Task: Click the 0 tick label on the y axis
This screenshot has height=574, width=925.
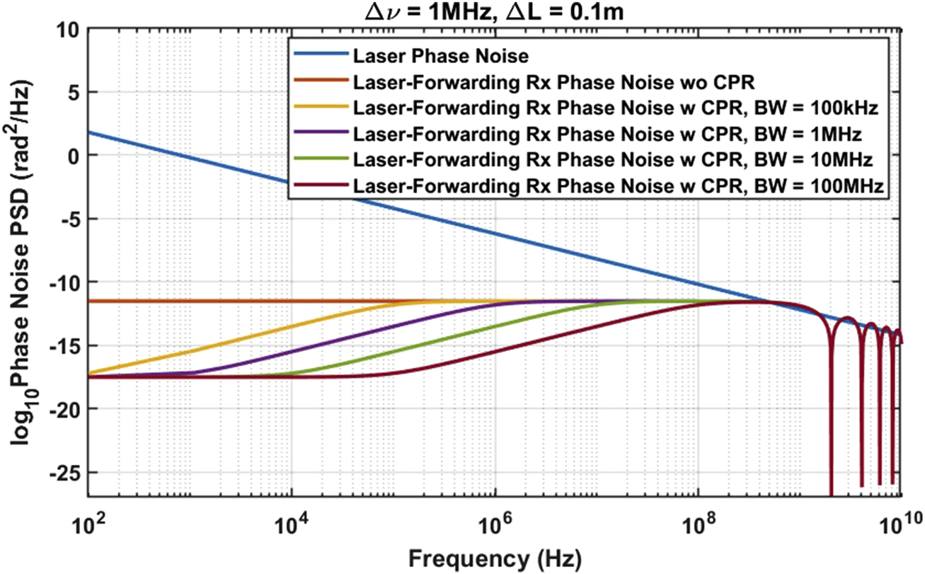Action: coord(72,156)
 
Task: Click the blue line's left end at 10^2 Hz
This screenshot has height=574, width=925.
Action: coord(89,132)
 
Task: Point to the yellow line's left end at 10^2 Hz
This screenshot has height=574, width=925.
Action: coord(89,372)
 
